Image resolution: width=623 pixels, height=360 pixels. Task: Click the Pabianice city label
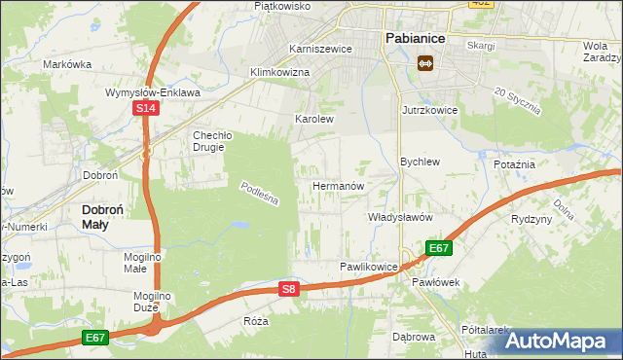(x=415, y=37)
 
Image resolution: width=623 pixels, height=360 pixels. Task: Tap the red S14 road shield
(x=145, y=110)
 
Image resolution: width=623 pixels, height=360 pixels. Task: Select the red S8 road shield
(x=287, y=289)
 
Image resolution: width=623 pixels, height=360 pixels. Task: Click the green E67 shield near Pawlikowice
(x=439, y=248)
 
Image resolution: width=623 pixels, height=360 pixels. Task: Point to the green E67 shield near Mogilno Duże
(x=94, y=338)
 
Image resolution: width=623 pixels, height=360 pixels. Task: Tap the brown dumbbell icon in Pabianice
(x=424, y=63)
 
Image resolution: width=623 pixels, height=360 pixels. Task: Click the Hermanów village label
(x=338, y=185)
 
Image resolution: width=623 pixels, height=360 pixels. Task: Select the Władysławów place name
(x=399, y=217)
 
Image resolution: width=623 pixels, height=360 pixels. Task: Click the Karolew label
(x=314, y=120)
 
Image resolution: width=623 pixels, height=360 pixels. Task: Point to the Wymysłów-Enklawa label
(x=153, y=92)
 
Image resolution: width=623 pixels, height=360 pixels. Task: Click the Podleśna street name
(x=260, y=194)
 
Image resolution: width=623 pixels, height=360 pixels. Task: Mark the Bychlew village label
(x=421, y=162)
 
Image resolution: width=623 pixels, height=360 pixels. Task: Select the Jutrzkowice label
(x=429, y=111)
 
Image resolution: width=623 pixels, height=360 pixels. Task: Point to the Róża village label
(x=257, y=319)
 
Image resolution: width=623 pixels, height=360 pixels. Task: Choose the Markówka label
(x=67, y=64)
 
